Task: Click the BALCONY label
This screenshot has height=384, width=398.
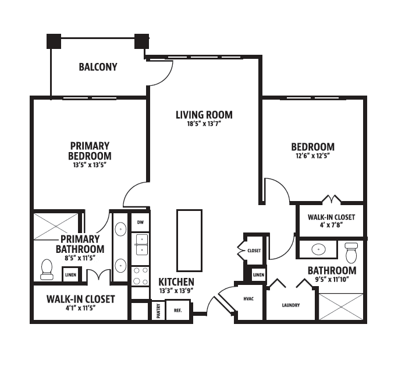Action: (98, 67)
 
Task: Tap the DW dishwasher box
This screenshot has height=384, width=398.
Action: (140, 223)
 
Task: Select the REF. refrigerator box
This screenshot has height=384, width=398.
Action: (177, 311)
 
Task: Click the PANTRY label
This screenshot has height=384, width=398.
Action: (159, 311)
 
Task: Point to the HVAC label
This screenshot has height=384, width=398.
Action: (248, 299)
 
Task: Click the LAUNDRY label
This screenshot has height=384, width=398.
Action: (291, 305)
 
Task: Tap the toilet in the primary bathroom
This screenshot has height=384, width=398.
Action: (47, 270)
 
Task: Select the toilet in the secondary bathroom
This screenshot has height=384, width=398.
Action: (351, 253)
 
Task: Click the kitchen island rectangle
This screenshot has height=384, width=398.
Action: (189, 241)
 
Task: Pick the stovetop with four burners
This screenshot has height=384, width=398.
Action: (140, 276)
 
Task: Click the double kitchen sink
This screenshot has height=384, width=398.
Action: (142, 245)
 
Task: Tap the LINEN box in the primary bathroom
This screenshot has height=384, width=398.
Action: (70, 274)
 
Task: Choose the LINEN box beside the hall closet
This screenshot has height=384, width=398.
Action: (259, 274)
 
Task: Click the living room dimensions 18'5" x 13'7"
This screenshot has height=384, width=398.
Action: (204, 124)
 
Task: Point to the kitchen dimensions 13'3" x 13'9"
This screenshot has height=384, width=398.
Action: (176, 291)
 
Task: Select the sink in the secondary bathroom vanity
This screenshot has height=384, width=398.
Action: (318, 249)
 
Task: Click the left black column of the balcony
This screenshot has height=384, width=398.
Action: (54, 41)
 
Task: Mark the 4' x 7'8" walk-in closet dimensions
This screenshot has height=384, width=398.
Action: (332, 225)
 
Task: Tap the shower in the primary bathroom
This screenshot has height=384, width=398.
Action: (56, 226)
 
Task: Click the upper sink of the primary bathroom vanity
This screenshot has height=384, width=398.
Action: (120, 229)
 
